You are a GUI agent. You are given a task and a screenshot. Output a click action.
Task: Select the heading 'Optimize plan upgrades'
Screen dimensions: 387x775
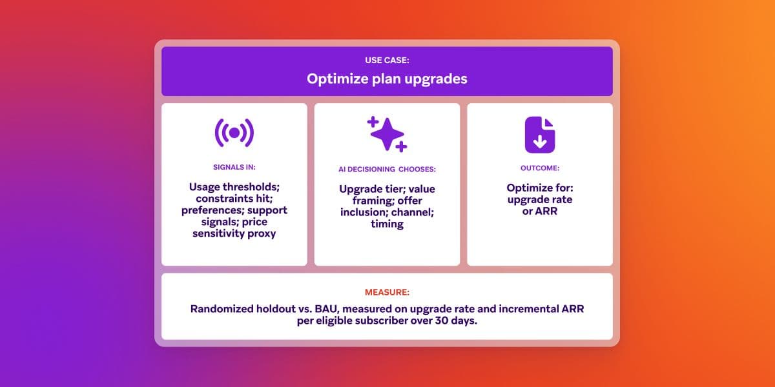coord(387,79)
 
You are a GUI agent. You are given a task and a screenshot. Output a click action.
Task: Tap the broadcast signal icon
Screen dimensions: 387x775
coord(234,133)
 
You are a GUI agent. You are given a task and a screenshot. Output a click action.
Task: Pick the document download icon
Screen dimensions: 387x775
coord(539,135)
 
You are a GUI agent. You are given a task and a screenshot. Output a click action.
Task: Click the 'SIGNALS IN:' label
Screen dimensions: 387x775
coord(234,167)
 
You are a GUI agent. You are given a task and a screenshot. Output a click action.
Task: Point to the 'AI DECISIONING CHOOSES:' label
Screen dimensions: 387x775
coord(387,170)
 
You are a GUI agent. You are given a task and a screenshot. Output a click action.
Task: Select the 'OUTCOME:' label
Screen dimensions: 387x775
coord(539,167)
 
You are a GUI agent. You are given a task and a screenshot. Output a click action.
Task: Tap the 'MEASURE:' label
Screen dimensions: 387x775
coord(387,291)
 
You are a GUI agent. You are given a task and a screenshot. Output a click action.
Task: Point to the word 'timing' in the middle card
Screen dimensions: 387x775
coord(387,224)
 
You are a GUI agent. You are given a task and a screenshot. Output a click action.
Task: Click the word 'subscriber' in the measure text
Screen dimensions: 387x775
coord(385,321)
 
